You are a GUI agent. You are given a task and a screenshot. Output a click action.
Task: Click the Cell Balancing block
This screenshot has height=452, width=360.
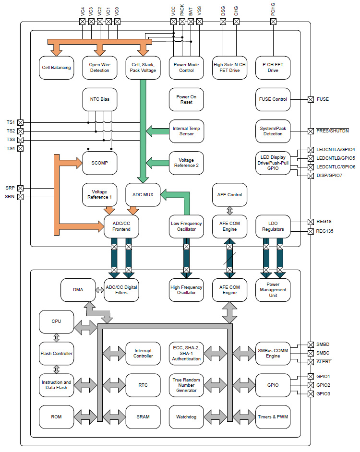pos(56,68)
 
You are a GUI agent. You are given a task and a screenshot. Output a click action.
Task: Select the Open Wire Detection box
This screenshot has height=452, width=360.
pos(100,68)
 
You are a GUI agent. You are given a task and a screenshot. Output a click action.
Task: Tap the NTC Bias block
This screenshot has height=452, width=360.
pos(100,99)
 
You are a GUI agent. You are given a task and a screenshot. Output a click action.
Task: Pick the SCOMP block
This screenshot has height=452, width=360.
pos(100,163)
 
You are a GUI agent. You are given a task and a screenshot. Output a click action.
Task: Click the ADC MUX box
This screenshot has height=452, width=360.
pos(143,195)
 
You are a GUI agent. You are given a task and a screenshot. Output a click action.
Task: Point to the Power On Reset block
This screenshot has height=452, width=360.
pos(186,99)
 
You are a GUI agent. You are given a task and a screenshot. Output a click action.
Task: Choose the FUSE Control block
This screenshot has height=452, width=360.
pos(273,99)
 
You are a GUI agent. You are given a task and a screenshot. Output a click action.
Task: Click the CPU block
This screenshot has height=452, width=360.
pos(56,321)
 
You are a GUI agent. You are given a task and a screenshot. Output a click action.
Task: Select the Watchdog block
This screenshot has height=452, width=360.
pos(186,416)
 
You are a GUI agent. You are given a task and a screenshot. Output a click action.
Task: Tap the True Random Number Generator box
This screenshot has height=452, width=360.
pos(186,385)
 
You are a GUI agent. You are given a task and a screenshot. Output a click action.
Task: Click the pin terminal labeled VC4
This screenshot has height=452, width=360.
pos(82,22)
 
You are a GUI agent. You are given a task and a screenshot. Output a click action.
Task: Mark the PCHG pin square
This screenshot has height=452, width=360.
pos(273,22)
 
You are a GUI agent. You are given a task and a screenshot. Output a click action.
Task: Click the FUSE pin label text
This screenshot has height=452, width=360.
pos(323,100)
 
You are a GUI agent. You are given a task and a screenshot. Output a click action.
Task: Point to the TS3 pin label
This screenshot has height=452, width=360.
pos(11,140)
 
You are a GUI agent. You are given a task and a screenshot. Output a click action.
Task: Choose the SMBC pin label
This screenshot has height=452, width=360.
pos(323,353)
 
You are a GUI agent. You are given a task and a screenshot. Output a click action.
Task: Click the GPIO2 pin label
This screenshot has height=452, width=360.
pos(323,385)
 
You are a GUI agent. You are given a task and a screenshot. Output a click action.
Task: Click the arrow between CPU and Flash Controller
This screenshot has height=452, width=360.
pos(56,337)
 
